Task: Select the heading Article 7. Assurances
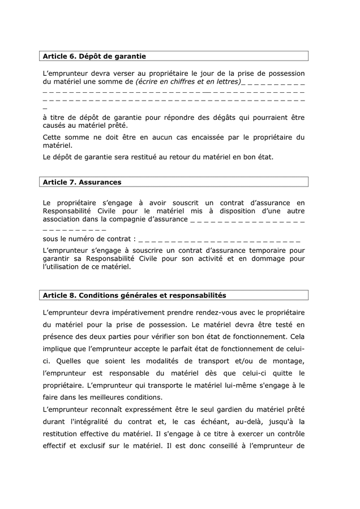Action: coord(82,182)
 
